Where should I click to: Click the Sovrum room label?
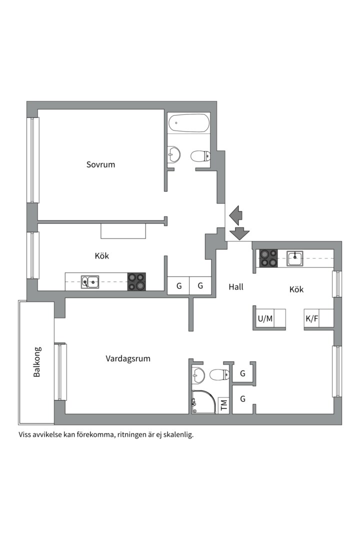click(100, 164)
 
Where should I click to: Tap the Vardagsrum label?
click(128, 358)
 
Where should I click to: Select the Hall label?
click(236, 287)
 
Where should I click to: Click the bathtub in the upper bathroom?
click(188, 123)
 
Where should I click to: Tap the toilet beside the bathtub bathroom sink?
click(200, 156)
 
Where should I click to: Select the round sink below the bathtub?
click(174, 153)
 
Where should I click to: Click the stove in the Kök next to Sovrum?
click(136, 281)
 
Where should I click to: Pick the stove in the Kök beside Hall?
click(268, 258)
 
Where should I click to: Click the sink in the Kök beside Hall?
click(294, 258)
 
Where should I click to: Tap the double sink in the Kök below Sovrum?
click(90, 282)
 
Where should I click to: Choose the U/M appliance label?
click(265, 318)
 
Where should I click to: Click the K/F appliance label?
click(312, 318)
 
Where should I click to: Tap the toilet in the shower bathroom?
click(218, 374)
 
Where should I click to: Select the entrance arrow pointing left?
click(235, 214)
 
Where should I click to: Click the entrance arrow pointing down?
click(239, 233)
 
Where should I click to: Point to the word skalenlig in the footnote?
click(176, 434)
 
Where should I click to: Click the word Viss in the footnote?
click(25, 434)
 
